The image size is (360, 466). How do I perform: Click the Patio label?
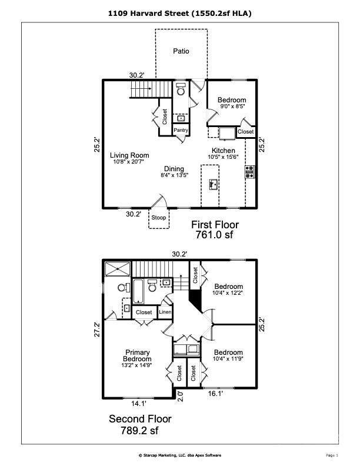[x=181, y=51]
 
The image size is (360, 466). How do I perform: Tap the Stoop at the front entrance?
[x=158, y=218]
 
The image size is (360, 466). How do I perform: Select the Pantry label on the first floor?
[x=180, y=129]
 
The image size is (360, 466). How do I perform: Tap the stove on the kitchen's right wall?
[x=250, y=172]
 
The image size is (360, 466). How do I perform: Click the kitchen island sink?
[x=214, y=185]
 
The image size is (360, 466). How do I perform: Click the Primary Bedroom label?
[x=137, y=356]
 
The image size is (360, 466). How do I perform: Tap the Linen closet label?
[x=165, y=312]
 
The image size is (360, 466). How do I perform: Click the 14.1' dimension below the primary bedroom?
[x=138, y=404]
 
